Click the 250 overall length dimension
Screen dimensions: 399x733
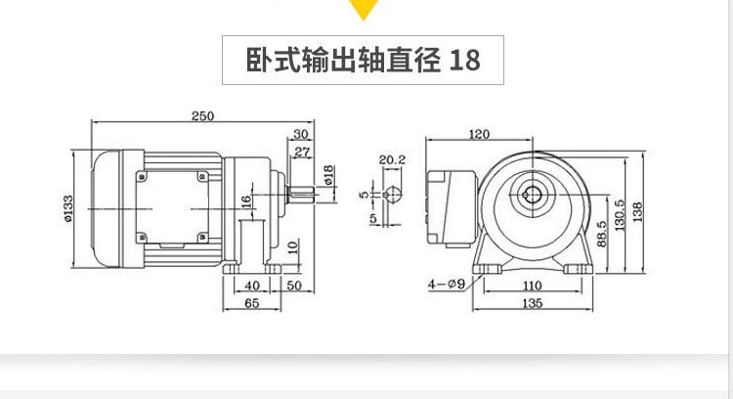click(201, 116)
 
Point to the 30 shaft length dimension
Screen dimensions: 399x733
click(300, 134)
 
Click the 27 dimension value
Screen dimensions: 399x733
click(302, 152)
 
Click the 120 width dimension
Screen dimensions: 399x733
click(479, 134)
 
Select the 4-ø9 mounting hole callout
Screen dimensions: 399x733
click(443, 285)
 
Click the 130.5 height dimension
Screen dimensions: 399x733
click(620, 217)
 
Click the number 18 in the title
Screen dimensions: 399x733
click(465, 61)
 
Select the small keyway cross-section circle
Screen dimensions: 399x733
click(394, 194)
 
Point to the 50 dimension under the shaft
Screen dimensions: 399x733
click(294, 285)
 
